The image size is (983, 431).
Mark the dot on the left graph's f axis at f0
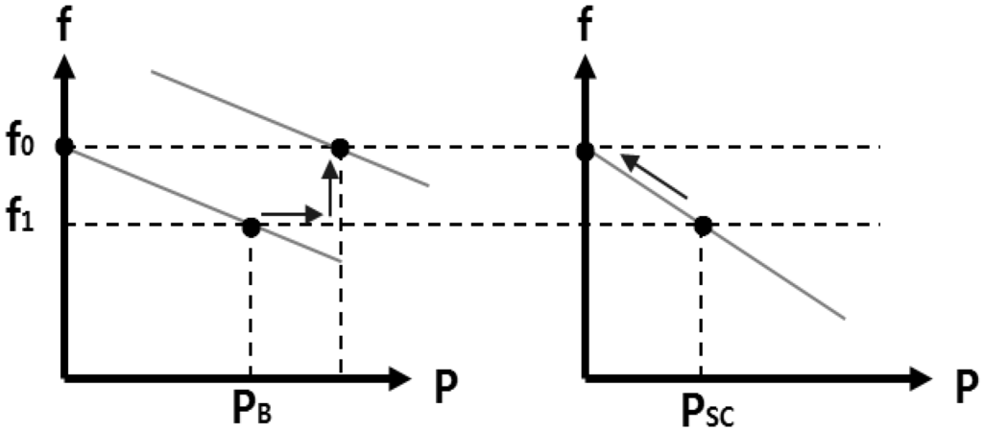pos(64,147)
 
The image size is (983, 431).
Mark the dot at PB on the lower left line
pos(251,227)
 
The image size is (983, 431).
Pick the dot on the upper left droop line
pos(339,148)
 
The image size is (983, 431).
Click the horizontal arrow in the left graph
pos(290,212)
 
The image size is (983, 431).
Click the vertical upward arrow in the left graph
pos(330,188)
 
